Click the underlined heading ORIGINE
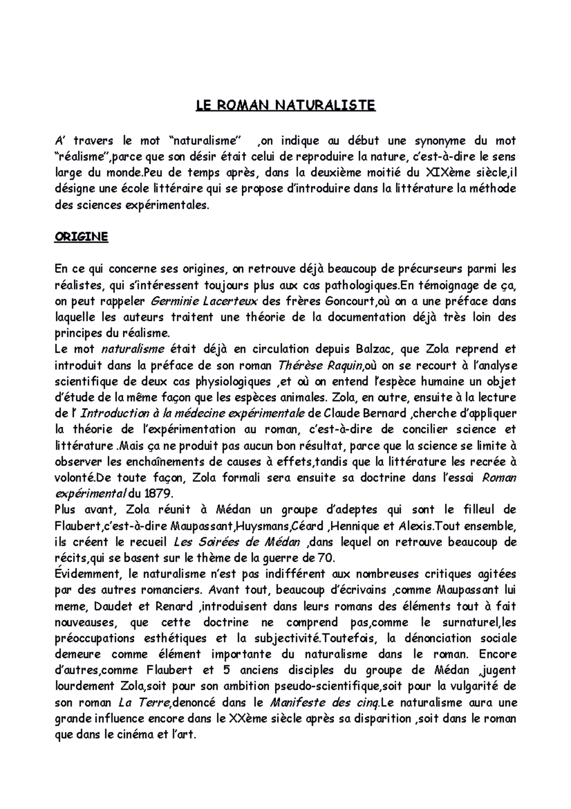coord(81,237)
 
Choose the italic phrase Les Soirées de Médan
coord(237,542)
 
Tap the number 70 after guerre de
coord(325,558)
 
